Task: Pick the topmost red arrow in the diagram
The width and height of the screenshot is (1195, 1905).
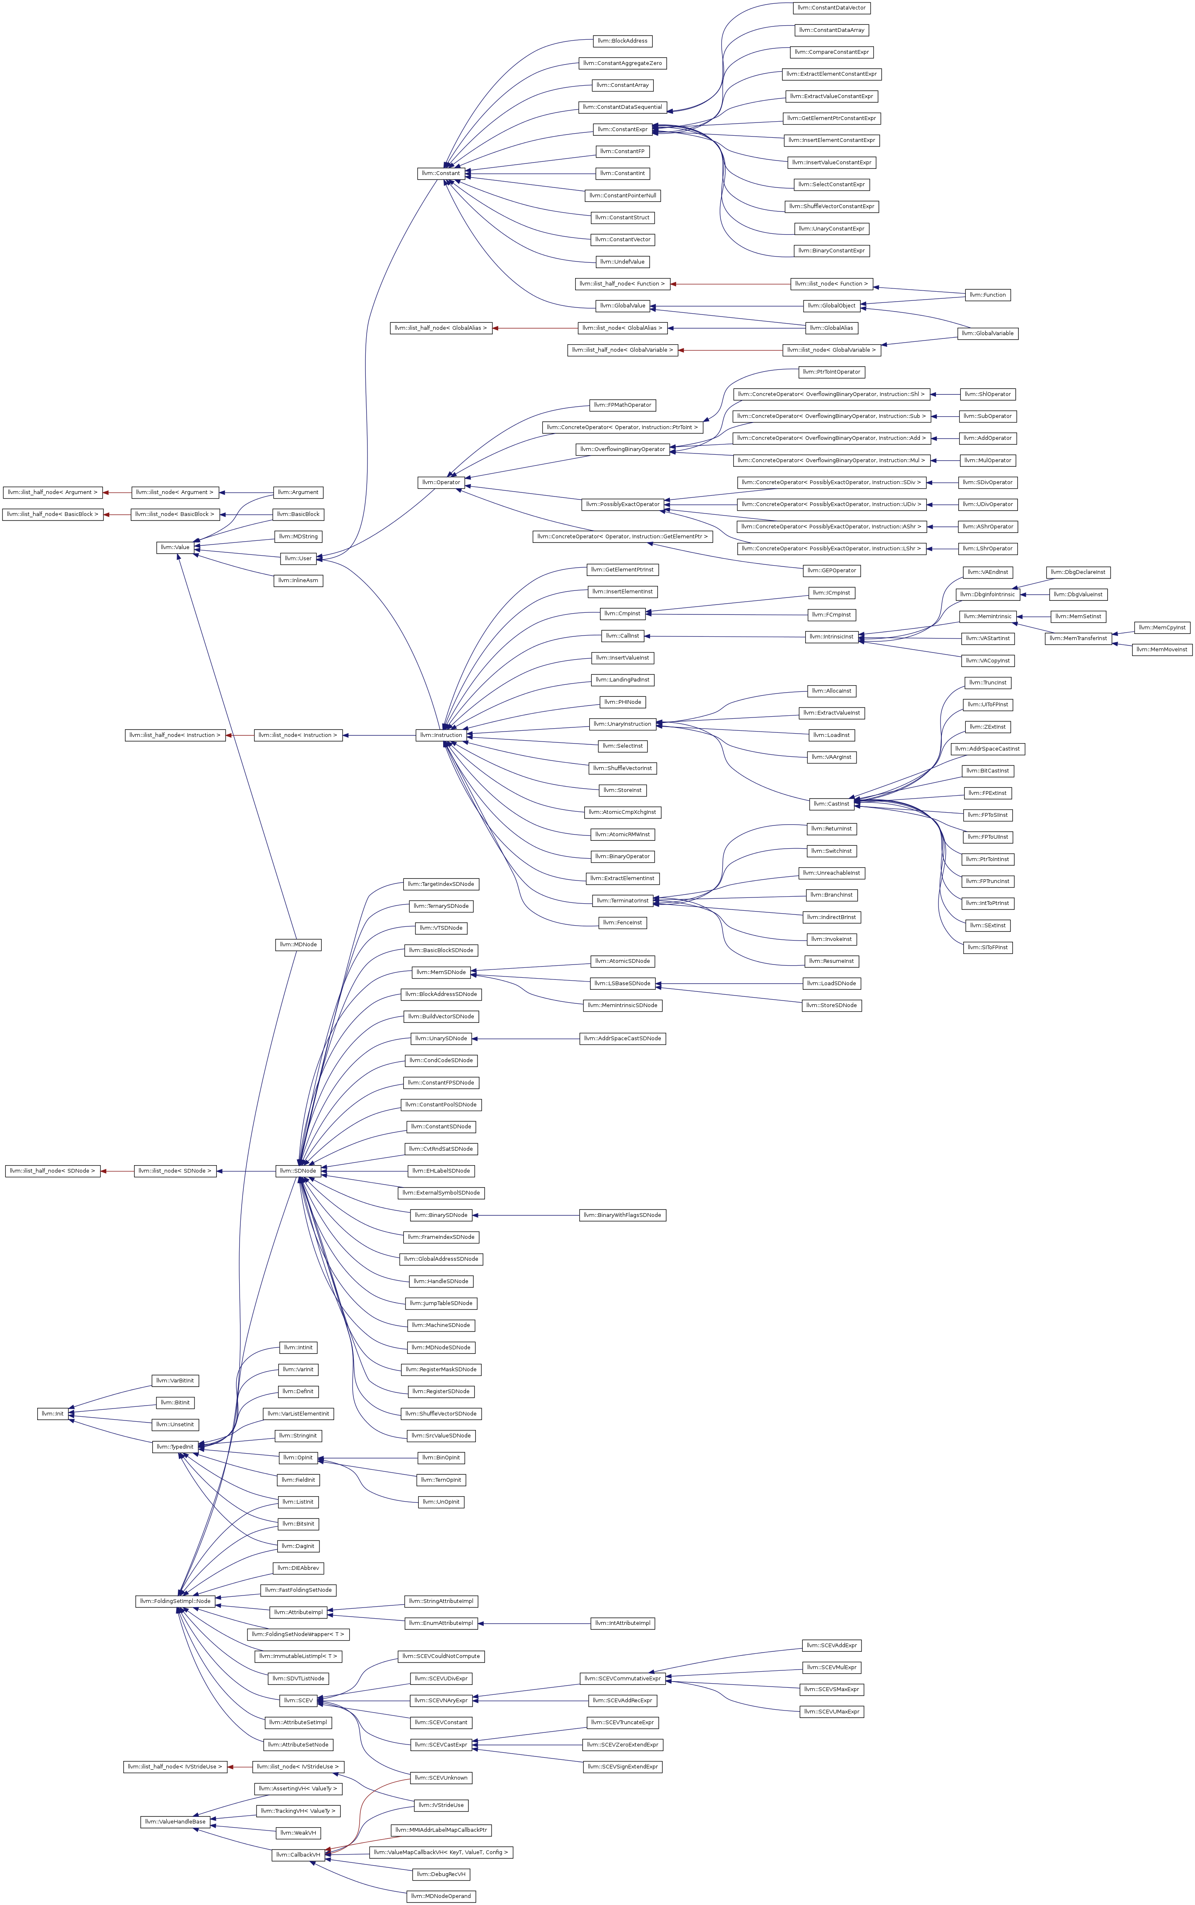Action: (729, 284)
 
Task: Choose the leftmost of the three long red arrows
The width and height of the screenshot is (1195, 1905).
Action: (535, 328)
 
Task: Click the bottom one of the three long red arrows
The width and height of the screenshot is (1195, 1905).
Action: (729, 350)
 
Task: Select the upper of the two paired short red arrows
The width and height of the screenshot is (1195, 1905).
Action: (117, 493)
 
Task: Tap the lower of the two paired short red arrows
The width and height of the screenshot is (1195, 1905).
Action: (117, 515)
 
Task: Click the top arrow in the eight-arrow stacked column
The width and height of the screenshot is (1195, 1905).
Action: (945, 394)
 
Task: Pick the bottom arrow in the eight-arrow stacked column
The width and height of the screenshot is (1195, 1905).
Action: (942, 549)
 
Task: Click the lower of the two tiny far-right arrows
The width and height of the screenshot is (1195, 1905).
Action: (1122, 645)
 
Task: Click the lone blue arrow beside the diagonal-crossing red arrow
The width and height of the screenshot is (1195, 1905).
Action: (379, 736)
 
